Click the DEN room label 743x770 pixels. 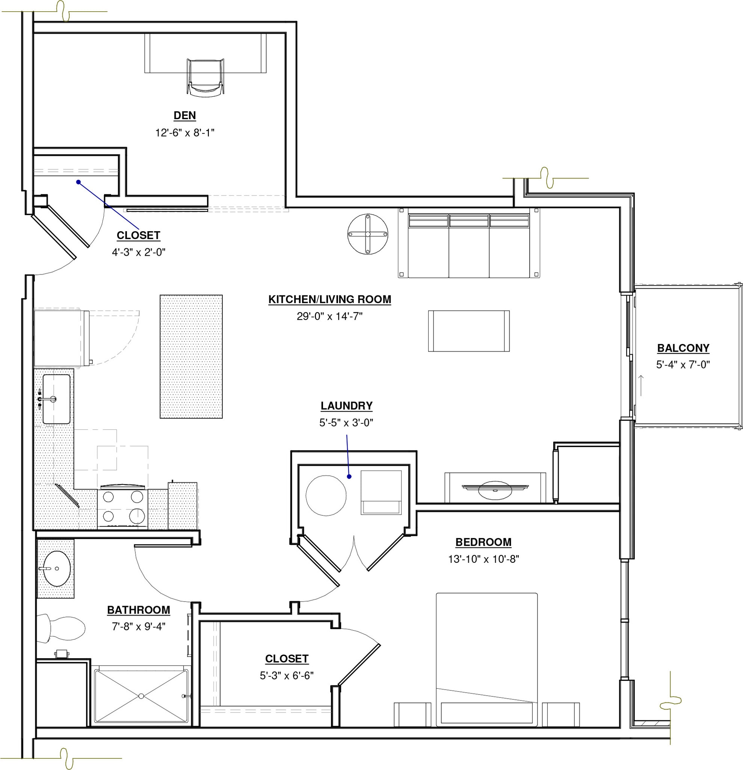(184, 115)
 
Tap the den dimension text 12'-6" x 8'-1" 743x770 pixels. (184, 133)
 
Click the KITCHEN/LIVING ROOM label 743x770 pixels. (330, 300)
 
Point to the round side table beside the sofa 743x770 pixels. (368, 234)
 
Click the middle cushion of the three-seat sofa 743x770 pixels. (469, 246)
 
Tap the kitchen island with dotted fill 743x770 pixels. (191, 356)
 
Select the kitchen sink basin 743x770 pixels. (56, 399)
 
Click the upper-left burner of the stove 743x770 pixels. (108, 497)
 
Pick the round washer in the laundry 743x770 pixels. (326, 496)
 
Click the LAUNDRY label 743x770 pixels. (347, 406)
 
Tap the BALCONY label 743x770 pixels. (683, 348)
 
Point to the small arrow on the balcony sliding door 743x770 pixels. (641, 385)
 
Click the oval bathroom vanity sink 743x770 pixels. (57, 568)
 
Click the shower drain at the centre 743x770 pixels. (141, 696)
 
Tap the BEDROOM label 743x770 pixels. (483, 542)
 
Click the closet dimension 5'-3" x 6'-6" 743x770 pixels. (287, 676)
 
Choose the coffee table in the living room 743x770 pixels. (469, 331)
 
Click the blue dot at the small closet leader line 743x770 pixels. (79, 182)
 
